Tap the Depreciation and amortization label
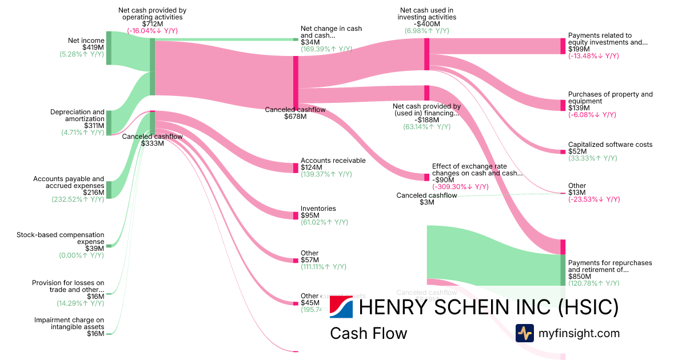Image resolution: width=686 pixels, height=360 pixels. click(x=77, y=115)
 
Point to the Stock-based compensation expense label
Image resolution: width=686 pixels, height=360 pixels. click(x=61, y=238)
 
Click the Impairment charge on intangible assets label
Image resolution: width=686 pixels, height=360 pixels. click(x=69, y=323)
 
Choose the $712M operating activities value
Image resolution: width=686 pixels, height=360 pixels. click(x=152, y=23)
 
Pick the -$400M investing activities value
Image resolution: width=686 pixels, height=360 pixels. click(x=426, y=23)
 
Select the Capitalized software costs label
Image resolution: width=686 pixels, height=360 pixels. click(x=610, y=145)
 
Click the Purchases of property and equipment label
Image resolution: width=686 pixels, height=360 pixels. click(x=610, y=98)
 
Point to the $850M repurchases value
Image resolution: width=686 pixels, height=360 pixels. click(x=579, y=276)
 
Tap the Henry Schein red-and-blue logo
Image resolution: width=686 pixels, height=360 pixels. click(x=341, y=307)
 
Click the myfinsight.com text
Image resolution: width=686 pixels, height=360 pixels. click(x=578, y=333)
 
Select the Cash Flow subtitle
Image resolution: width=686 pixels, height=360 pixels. click(x=368, y=333)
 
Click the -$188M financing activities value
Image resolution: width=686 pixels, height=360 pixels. click(x=426, y=119)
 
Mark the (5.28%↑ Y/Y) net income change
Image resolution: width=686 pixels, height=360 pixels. click(x=82, y=54)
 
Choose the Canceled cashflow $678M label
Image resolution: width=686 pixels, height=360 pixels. click(x=295, y=113)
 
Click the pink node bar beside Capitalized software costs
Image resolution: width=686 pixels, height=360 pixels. click(x=563, y=151)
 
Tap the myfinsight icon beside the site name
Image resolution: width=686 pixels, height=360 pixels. click(x=524, y=333)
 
